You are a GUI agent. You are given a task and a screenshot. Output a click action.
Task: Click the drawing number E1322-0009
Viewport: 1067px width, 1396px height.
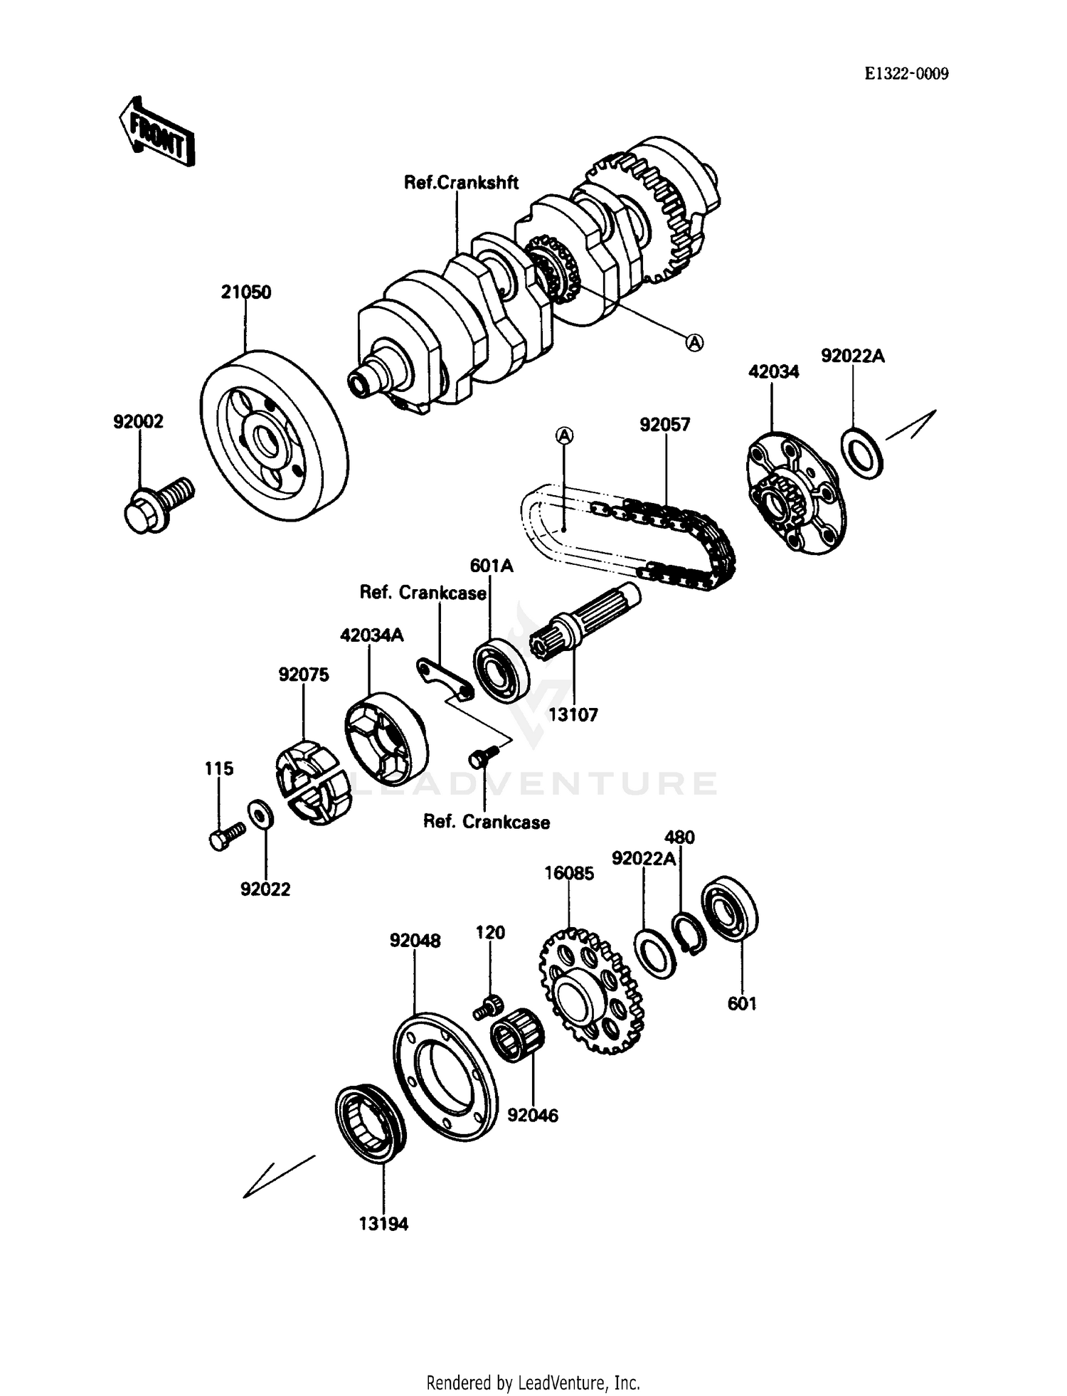[x=906, y=74]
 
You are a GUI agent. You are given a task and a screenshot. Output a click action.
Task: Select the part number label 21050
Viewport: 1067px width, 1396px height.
[x=245, y=292]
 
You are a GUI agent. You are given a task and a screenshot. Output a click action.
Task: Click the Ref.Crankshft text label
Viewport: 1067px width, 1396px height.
[x=461, y=183]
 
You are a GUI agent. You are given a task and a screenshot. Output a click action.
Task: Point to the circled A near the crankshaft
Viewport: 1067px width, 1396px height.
[x=694, y=343]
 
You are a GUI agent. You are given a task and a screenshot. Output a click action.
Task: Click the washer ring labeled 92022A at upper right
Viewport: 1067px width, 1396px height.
[x=862, y=453]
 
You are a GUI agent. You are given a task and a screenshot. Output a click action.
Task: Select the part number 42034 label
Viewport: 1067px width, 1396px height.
[x=773, y=371]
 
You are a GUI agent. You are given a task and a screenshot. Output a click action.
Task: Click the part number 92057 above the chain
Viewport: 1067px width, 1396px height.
[x=664, y=425]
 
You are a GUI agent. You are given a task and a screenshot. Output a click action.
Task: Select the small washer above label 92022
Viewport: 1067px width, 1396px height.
[x=258, y=813]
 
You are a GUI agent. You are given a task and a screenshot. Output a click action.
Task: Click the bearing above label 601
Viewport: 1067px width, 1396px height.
[x=730, y=913]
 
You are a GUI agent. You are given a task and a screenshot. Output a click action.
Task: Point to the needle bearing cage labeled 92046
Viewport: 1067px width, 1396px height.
[x=518, y=1036]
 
